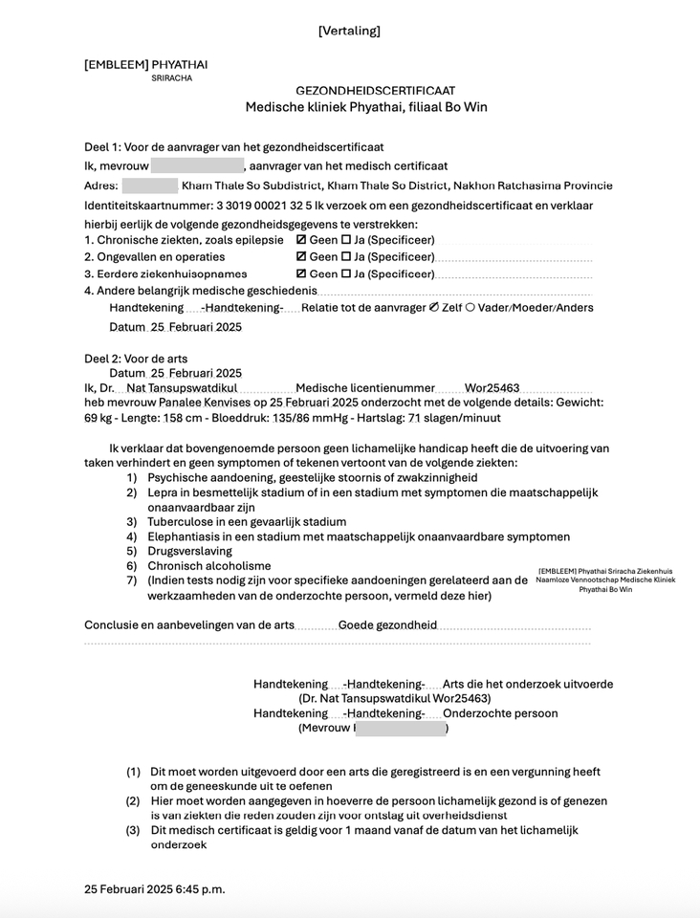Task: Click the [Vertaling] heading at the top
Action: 349,31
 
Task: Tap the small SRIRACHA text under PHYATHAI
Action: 171,78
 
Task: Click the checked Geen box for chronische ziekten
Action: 302,240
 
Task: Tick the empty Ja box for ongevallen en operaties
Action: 346,257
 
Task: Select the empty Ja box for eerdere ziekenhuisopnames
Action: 346,274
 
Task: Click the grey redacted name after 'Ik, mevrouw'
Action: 196,166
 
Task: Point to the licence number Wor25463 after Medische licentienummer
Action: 492,388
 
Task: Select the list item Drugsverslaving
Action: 189,552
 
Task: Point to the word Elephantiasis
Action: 186,537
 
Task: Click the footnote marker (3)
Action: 134,831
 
